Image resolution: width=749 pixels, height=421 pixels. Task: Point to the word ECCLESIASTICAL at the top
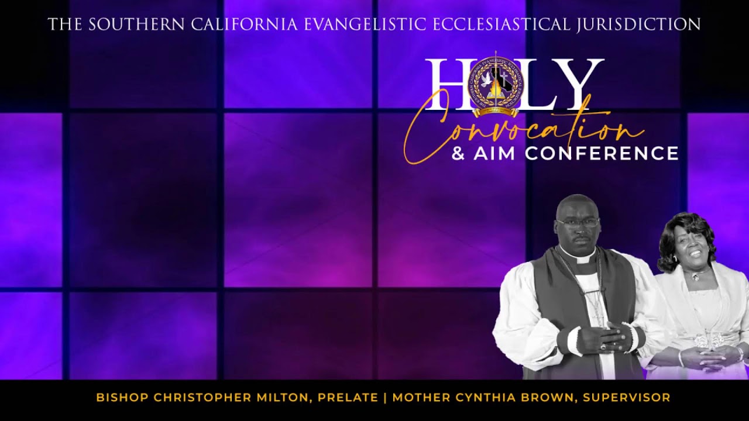(501, 25)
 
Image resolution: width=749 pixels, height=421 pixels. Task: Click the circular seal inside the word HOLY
(496, 85)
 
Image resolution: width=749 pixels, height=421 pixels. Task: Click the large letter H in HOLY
(448, 85)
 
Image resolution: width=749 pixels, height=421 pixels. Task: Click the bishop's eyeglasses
(577, 222)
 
